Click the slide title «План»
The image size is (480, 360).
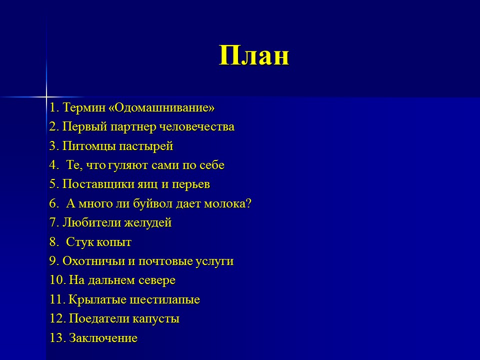tap(254, 55)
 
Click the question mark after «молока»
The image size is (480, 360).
tap(248, 204)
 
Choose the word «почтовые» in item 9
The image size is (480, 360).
tap(172, 261)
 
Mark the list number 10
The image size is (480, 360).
tap(56, 280)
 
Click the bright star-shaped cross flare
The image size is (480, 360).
tap(46, 96)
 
